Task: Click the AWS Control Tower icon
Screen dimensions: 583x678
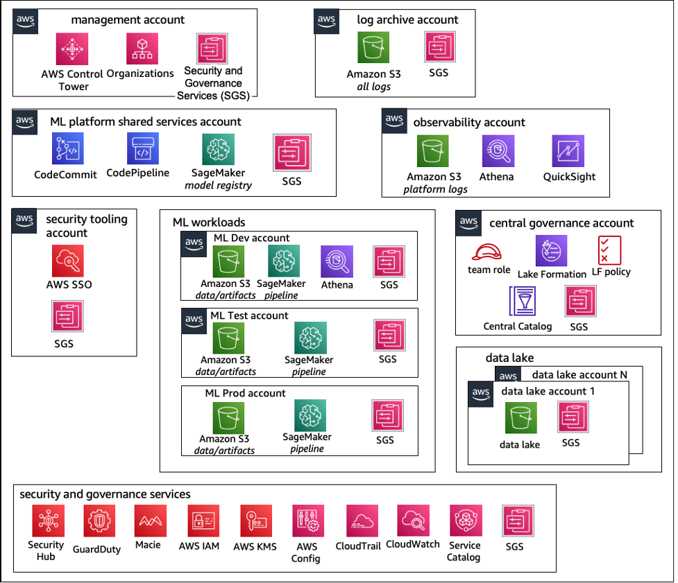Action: (71, 49)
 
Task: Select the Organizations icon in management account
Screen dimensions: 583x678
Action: (142, 49)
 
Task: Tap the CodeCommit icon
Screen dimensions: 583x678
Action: (67, 149)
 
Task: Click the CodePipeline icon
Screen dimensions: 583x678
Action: (142, 148)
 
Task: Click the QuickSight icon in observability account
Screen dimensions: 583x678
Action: (568, 151)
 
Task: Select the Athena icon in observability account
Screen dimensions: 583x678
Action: (498, 151)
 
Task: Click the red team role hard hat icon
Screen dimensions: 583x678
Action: (489, 251)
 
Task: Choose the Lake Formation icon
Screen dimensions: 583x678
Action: (552, 251)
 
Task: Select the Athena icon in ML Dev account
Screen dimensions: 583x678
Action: (337, 262)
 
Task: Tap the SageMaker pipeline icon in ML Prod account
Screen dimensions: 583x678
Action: (310, 415)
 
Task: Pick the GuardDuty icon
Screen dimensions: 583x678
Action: (99, 522)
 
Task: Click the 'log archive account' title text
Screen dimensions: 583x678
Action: (407, 19)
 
